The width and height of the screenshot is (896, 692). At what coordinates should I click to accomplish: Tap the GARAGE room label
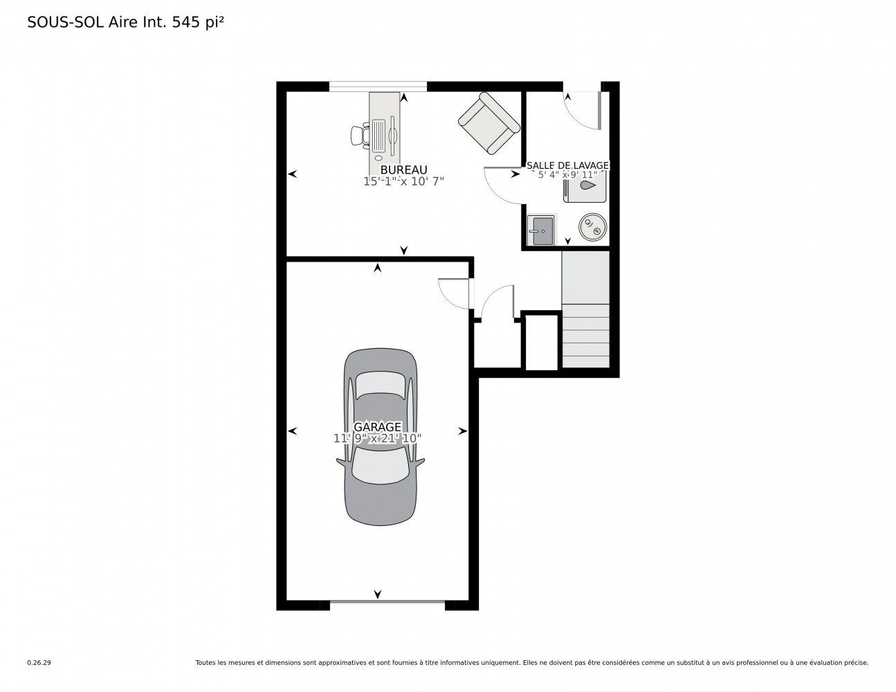point(377,426)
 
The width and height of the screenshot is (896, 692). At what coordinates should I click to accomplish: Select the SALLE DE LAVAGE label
point(567,165)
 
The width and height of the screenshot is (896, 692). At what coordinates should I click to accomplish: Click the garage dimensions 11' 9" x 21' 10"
point(377,438)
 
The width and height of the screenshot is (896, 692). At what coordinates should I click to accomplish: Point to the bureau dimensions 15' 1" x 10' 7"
point(403,181)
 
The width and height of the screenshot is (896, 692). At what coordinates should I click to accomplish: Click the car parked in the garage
point(380,437)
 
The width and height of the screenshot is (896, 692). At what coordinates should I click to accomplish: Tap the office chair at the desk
point(360,135)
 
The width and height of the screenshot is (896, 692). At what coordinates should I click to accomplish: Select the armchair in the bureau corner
point(489,123)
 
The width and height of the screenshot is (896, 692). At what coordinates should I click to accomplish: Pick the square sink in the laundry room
point(541,230)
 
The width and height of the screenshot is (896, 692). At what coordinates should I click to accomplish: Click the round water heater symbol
point(592,227)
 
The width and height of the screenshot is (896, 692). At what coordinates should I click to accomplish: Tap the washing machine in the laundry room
point(585,186)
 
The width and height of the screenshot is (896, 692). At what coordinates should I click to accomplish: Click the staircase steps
point(585,336)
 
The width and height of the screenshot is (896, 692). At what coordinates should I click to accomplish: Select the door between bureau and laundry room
point(504,185)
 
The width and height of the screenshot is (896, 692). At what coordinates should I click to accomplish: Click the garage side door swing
point(454,293)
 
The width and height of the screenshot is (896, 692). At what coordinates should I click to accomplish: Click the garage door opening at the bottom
point(387,603)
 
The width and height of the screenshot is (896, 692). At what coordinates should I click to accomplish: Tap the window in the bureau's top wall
point(378,86)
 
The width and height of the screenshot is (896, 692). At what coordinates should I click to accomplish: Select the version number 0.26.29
point(39,663)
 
